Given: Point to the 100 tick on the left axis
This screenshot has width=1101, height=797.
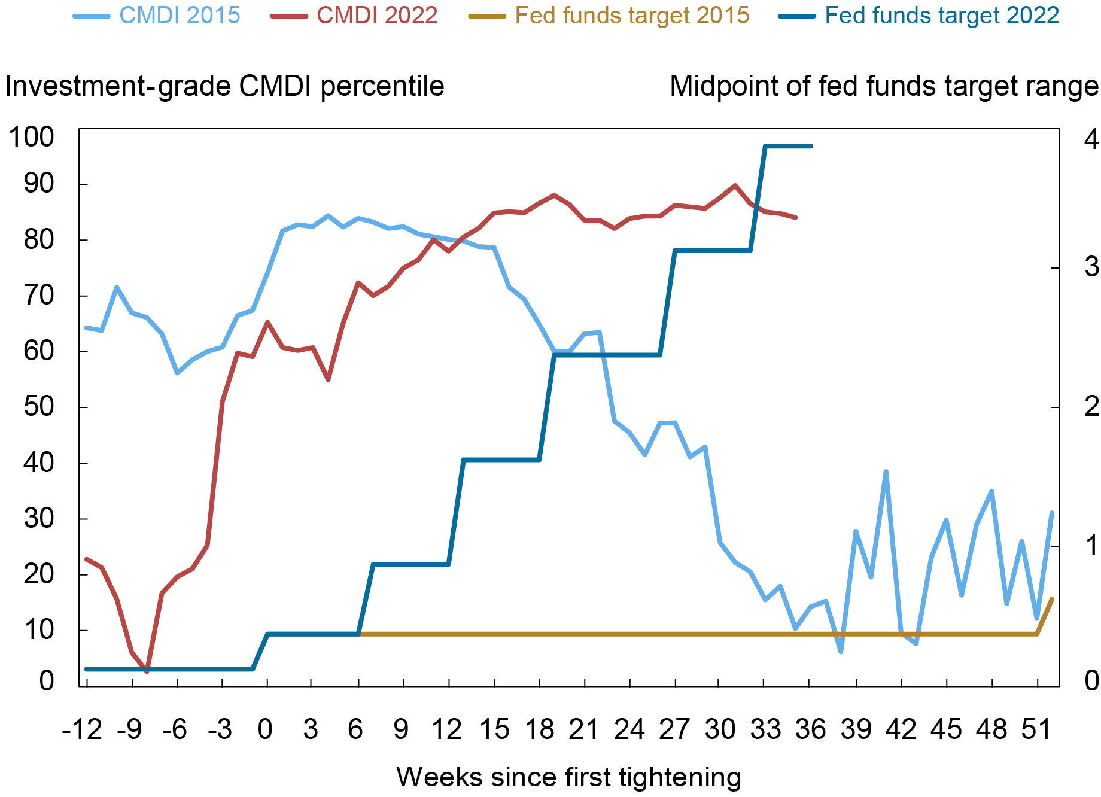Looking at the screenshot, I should coord(31,138).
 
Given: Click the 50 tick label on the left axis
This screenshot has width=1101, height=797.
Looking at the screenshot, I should coord(38,407).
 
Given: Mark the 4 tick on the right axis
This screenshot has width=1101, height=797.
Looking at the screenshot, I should coord(1091,139).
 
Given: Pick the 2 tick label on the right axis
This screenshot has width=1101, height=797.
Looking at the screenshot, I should coord(1091,407).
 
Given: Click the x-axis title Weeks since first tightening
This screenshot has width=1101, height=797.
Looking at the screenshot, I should coord(568,777).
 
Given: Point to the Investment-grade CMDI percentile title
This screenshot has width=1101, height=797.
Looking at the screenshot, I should coord(224,87).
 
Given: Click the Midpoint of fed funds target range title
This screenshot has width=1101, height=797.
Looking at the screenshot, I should coord(884,87).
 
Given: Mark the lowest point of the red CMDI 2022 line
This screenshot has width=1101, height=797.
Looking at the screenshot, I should coord(147,671).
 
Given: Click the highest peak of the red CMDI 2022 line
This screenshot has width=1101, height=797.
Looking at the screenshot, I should coord(735,185).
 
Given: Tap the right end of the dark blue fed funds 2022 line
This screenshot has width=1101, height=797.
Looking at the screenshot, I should coord(811,146).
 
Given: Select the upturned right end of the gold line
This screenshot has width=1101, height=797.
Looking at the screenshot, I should coord(1051,599).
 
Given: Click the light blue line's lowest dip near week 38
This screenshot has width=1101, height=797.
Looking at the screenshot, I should coord(841,652).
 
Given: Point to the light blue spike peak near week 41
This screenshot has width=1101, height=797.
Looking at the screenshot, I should coord(886,471).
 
